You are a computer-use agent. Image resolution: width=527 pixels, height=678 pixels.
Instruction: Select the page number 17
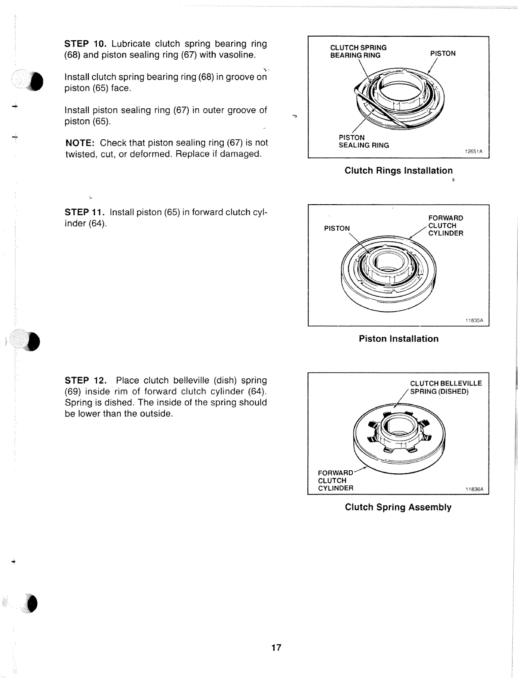(x=276, y=648)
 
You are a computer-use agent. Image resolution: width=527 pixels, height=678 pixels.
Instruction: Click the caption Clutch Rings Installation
(x=398, y=171)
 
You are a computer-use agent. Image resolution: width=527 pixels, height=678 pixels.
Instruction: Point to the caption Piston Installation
(x=398, y=339)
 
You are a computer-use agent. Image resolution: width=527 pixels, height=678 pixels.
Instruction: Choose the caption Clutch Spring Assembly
(x=398, y=507)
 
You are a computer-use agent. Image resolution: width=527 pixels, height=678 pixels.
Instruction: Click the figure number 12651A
(x=473, y=151)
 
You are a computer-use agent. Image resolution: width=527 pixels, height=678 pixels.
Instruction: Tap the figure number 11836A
(x=474, y=489)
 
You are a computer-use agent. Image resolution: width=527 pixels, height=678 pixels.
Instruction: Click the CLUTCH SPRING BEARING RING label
(x=358, y=51)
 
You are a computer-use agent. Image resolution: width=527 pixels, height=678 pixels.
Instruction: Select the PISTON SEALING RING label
(x=363, y=141)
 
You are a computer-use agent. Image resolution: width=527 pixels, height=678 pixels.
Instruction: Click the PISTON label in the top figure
(x=443, y=53)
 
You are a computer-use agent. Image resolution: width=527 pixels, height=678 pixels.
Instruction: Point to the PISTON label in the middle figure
(x=337, y=228)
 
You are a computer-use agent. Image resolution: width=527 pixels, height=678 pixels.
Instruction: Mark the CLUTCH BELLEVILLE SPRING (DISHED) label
(x=446, y=388)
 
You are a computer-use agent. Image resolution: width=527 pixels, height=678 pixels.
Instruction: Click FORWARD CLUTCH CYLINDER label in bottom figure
(x=335, y=480)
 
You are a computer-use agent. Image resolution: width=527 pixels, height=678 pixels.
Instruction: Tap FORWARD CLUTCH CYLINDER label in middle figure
(x=446, y=225)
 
